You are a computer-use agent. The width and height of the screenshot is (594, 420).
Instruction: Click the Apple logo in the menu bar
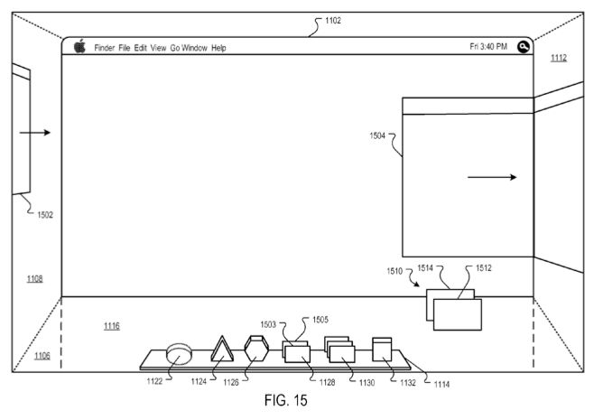pos(79,46)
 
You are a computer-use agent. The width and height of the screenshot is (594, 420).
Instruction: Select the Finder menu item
pos(105,48)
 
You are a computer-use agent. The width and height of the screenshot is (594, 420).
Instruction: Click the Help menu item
pos(218,48)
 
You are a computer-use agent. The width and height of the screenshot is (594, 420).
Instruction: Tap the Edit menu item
pos(140,48)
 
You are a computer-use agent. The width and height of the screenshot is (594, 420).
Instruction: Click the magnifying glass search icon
pos(524,47)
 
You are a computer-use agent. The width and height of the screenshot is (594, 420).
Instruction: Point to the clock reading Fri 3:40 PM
pos(488,47)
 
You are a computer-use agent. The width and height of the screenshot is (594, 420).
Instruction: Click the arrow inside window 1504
pos(492,177)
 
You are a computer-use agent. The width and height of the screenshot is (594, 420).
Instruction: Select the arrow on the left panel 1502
pos(35,132)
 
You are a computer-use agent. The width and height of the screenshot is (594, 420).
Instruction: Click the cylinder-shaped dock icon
pos(179,354)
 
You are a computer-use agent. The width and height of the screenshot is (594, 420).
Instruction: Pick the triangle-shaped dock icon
pos(222,350)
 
